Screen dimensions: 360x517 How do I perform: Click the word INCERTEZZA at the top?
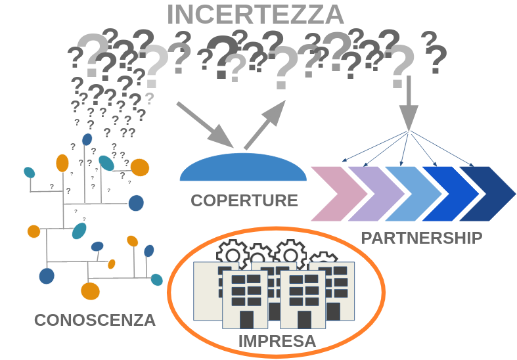pyautogui.click(x=256, y=14)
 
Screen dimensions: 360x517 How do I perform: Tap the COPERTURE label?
pyautogui.click(x=244, y=200)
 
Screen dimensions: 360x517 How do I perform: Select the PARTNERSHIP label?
pyautogui.click(x=422, y=237)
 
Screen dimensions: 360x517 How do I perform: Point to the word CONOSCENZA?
pyautogui.click(x=95, y=321)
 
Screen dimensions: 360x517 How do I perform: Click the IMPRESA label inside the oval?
pyautogui.click(x=277, y=341)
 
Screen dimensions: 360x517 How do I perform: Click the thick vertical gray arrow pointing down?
pyautogui.click(x=409, y=102)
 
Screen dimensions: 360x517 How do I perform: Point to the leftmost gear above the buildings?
pyautogui.click(x=231, y=253)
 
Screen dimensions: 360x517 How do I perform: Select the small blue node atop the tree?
pyautogui.click(x=87, y=139)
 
